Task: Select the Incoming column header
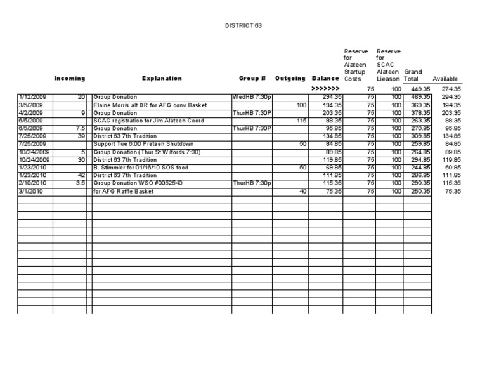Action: tap(69, 79)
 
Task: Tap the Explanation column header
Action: tap(162, 79)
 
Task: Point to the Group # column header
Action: tap(252, 79)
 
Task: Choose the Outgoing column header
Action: tap(290, 79)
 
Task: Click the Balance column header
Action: tap(326, 79)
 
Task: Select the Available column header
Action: tap(445, 79)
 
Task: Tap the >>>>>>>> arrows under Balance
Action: tap(326, 89)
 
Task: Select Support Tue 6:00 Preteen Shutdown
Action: tap(143, 143)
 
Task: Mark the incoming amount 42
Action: tap(81, 175)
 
